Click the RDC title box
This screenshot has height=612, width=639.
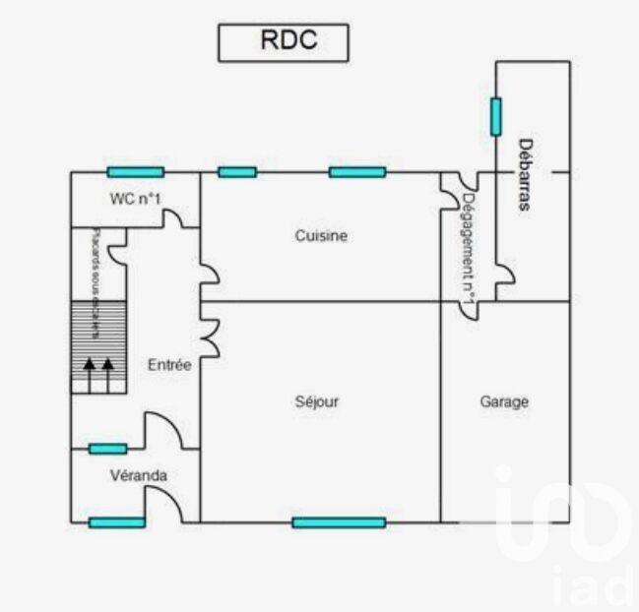(x=283, y=41)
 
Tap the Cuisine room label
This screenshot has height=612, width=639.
(x=321, y=236)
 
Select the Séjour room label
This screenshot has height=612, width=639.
(x=317, y=401)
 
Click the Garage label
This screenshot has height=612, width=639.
(x=504, y=401)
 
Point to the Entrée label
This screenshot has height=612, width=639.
(x=169, y=364)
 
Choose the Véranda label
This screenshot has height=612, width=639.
(x=138, y=475)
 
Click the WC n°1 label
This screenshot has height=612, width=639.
(x=136, y=199)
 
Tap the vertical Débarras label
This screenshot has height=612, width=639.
(x=525, y=175)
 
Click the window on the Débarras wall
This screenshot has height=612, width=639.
(x=495, y=116)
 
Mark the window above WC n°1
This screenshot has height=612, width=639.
(x=136, y=172)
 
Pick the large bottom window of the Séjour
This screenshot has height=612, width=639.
(x=339, y=522)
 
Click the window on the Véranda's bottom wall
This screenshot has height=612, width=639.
(x=116, y=522)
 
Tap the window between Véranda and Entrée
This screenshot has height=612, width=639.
(x=107, y=449)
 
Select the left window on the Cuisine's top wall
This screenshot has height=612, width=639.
(x=237, y=172)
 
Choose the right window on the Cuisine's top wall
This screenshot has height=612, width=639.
(x=357, y=172)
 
